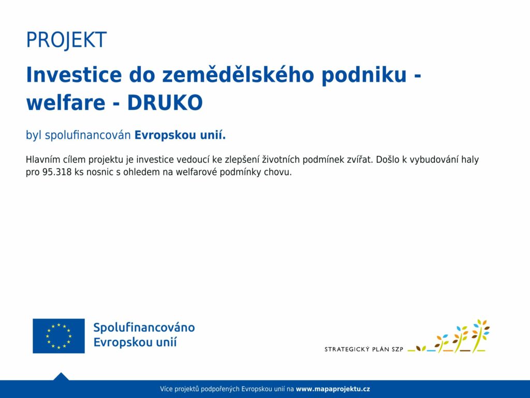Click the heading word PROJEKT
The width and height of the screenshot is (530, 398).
(x=66, y=40)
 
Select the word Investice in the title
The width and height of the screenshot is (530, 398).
(x=73, y=75)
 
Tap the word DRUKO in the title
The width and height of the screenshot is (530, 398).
(x=165, y=103)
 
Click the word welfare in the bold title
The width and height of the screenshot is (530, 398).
(x=66, y=102)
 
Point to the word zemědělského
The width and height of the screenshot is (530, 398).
(x=238, y=75)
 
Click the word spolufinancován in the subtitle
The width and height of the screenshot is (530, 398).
(x=87, y=135)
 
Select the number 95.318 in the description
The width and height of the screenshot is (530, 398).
(x=57, y=172)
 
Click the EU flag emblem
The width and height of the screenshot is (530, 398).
(x=58, y=336)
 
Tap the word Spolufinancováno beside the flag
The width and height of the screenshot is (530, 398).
(x=144, y=328)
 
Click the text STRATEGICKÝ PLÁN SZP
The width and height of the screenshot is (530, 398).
(x=364, y=349)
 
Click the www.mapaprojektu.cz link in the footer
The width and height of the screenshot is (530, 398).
(x=333, y=389)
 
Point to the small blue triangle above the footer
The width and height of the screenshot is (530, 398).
(x=61, y=376)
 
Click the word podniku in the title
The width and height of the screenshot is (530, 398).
(x=364, y=75)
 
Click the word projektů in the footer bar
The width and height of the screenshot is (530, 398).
(x=186, y=389)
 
